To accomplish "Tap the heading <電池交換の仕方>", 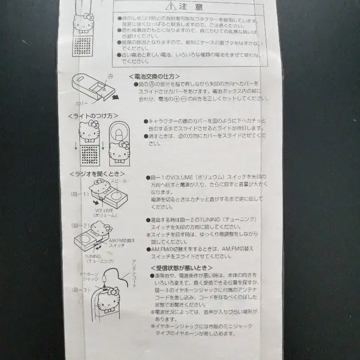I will (154, 76).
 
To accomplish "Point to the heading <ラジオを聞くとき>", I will (96, 174).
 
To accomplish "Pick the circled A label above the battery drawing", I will (110, 76).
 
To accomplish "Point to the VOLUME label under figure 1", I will (104, 210).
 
